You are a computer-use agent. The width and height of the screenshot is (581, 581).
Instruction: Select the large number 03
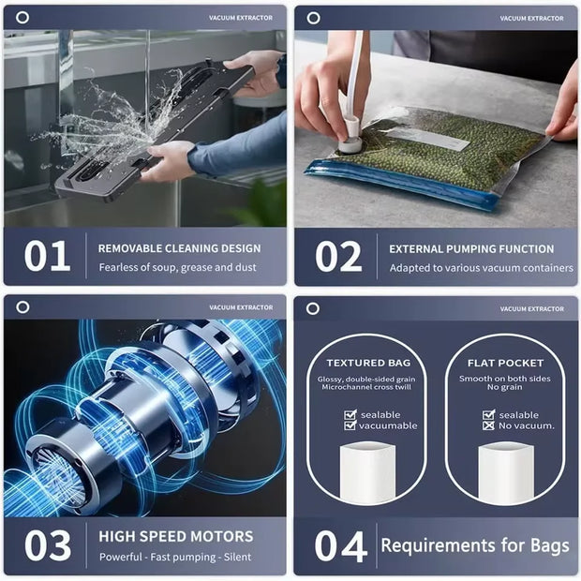pos(47,545)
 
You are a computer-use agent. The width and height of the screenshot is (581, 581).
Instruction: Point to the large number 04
pos(338,545)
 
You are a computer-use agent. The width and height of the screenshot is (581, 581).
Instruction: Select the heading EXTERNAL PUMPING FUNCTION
pos(471,249)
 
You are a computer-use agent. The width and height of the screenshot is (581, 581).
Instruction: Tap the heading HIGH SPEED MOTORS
pos(175,537)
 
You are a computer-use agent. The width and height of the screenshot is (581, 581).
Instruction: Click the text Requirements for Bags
pos(473,544)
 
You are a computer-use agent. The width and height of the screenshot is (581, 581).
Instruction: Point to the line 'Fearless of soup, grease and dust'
pos(178,268)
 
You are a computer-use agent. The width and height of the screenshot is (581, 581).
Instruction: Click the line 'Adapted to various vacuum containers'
pos(481,268)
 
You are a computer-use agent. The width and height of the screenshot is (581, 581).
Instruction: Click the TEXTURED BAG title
pos(368,363)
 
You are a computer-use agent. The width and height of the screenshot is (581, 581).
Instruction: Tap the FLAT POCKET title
pos(506,363)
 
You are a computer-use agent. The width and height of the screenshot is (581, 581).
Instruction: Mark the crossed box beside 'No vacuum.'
pos(488,425)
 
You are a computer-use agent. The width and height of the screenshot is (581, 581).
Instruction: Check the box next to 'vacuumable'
pos(350,425)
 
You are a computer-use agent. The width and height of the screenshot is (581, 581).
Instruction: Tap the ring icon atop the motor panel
pos(22,307)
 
